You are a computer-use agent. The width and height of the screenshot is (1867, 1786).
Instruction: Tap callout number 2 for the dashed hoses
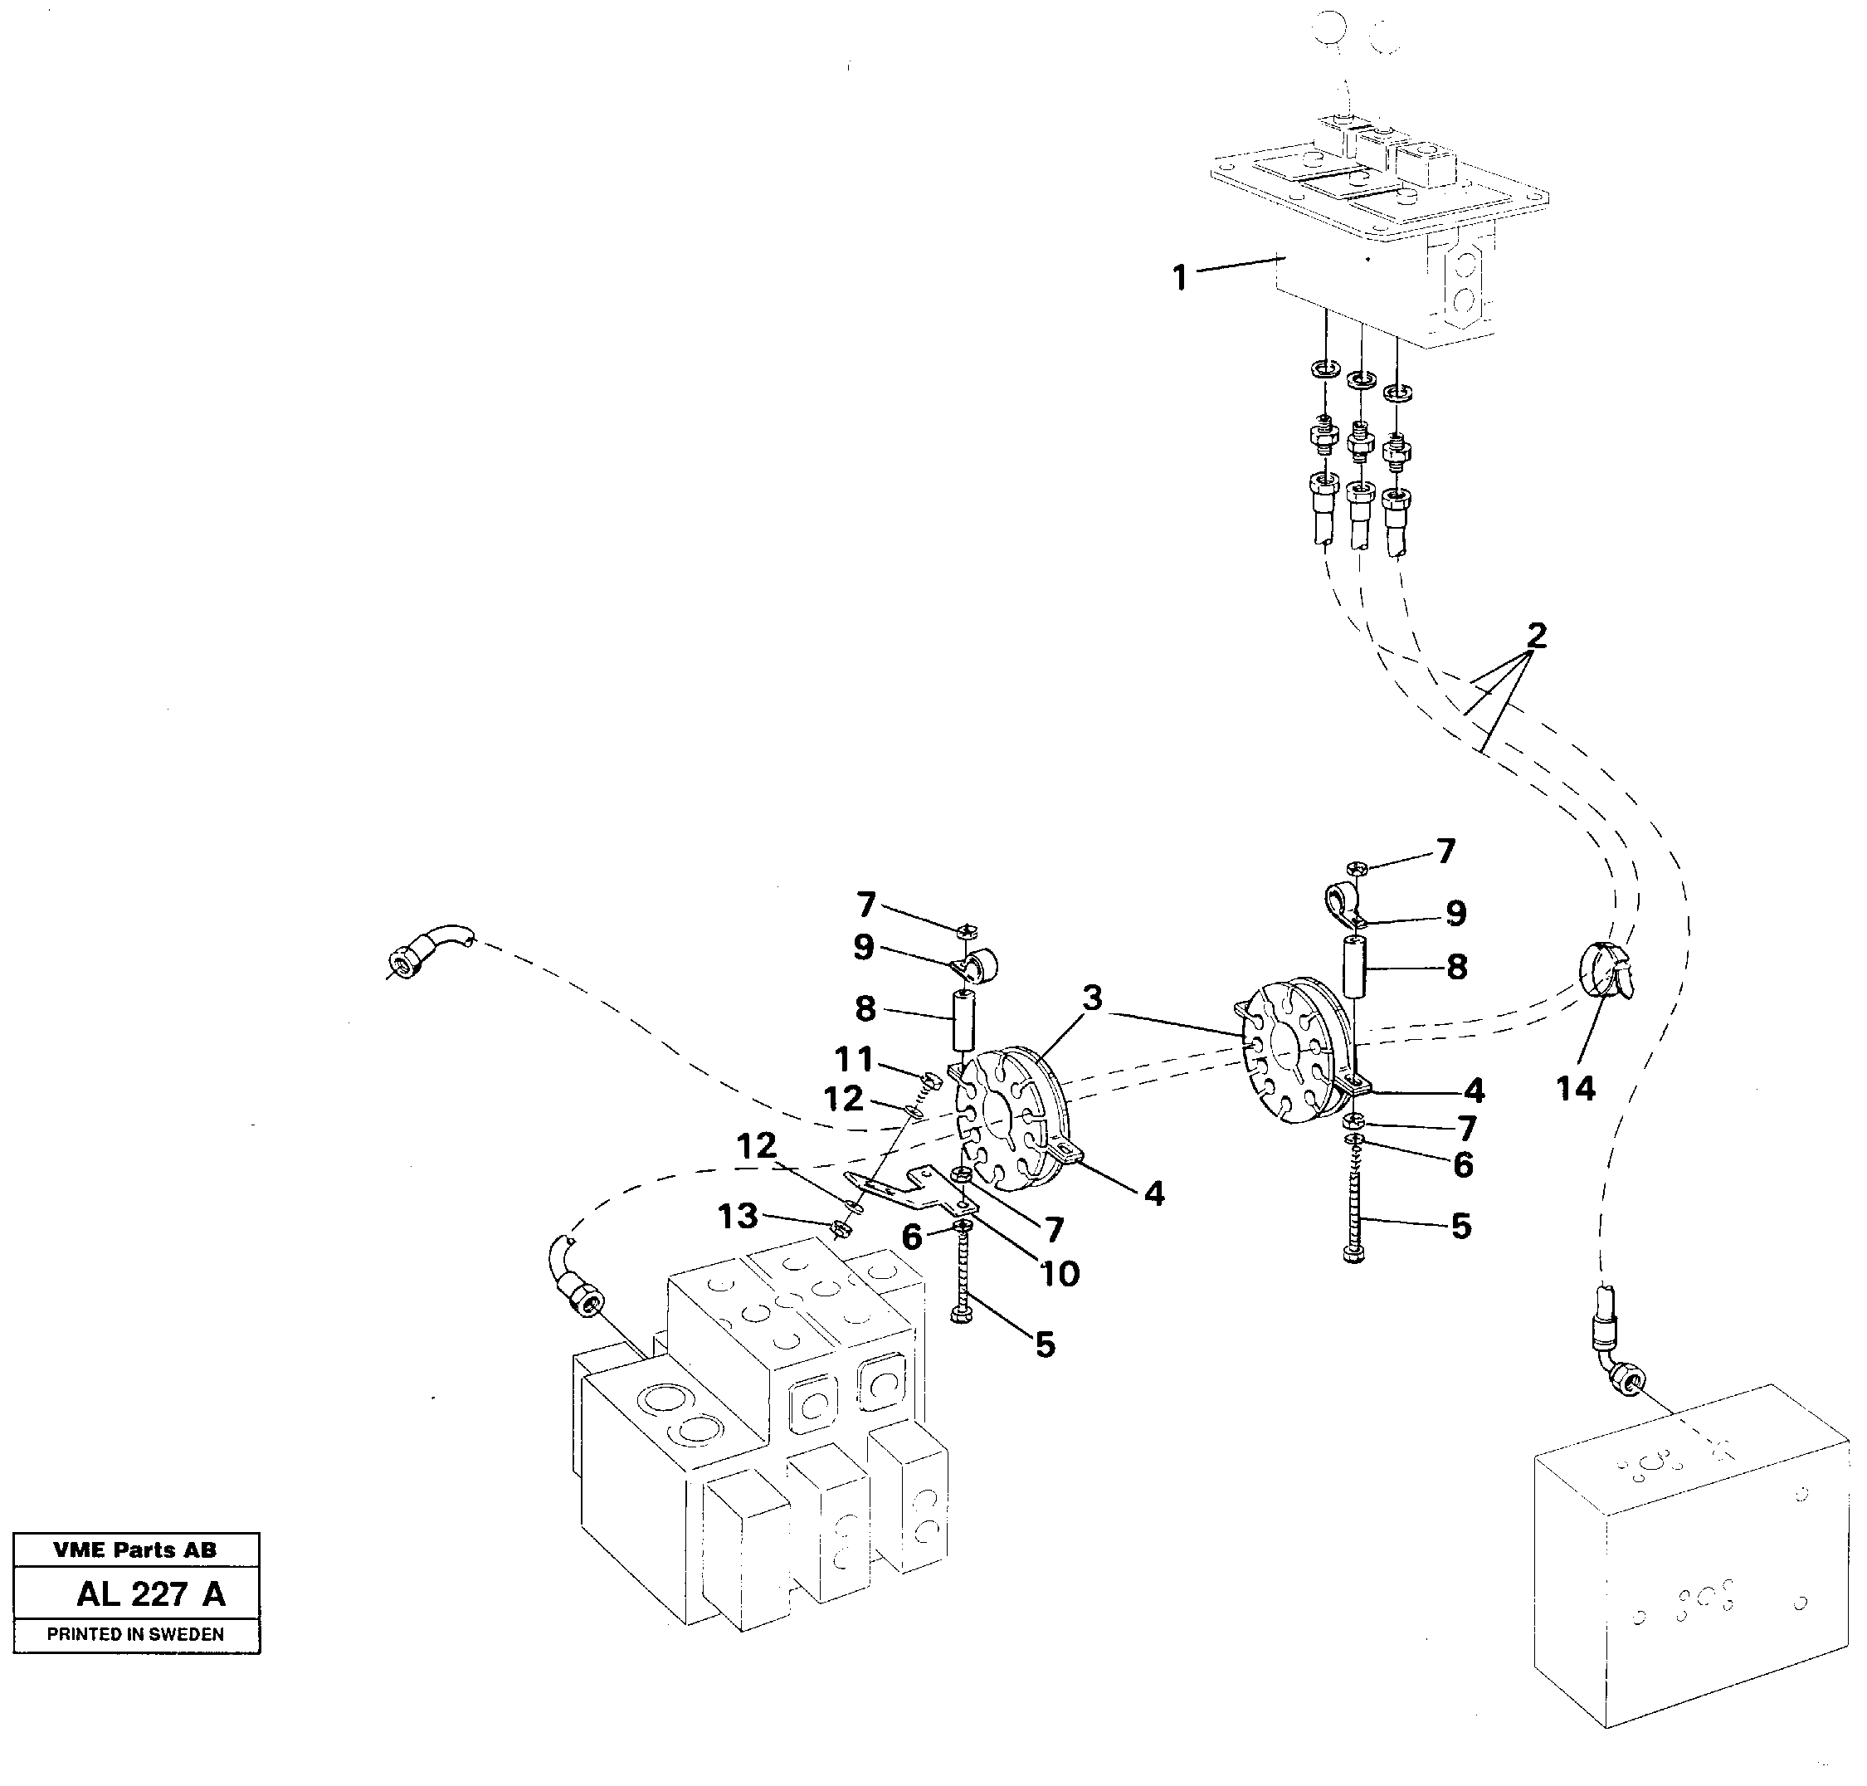pos(1537,636)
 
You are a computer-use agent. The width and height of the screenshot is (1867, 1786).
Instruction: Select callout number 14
pos(1575,1088)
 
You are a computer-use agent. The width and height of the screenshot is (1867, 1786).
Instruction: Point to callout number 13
pos(739,1216)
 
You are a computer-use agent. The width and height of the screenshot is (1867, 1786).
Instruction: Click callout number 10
pos(1060,1273)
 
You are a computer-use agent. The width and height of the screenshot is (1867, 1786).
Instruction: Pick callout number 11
pos(853,1059)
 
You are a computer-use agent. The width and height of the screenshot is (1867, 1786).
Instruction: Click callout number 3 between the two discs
pos(1092,998)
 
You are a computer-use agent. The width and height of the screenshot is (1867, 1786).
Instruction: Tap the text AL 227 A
pos(150,1593)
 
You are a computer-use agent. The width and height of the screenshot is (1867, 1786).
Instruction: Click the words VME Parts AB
pos(135,1550)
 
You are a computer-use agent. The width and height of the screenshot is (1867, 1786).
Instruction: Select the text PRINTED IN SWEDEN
pos(135,1635)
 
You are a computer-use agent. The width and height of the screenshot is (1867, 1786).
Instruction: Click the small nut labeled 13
pos(841,1229)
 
